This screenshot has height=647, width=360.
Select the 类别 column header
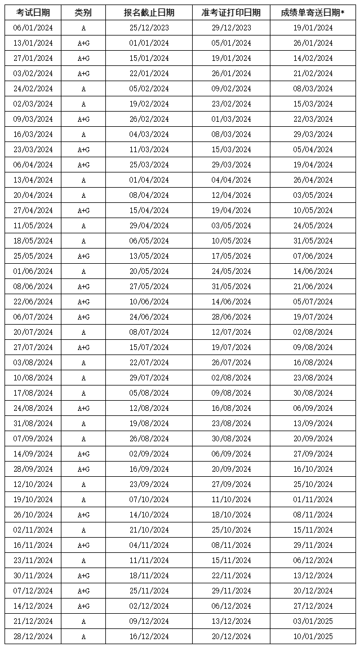pyautogui.click(x=83, y=12)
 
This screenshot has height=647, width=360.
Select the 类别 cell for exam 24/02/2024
pyautogui.click(x=83, y=88)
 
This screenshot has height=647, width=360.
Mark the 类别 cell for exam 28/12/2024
pyautogui.click(x=83, y=636)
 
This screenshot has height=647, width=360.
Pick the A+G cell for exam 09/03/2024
pyautogui.click(x=83, y=119)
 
